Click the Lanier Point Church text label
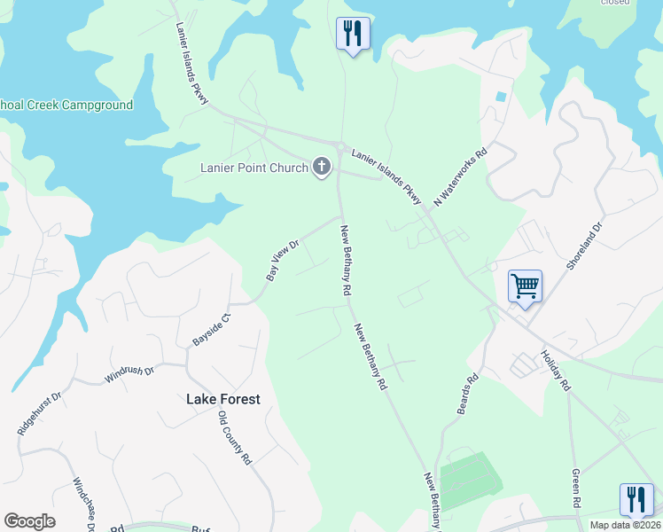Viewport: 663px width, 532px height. click(253, 167)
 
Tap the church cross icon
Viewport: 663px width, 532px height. click(321, 167)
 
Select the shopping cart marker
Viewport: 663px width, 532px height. click(525, 286)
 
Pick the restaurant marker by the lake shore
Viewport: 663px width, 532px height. click(353, 34)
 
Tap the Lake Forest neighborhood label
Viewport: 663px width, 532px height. click(223, 399)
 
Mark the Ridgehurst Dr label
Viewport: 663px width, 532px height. click(38, 413)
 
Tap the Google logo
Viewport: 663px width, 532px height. click(29, 521)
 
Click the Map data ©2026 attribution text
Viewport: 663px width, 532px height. click(626, 525)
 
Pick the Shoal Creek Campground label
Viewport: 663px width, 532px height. click(66, 106)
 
